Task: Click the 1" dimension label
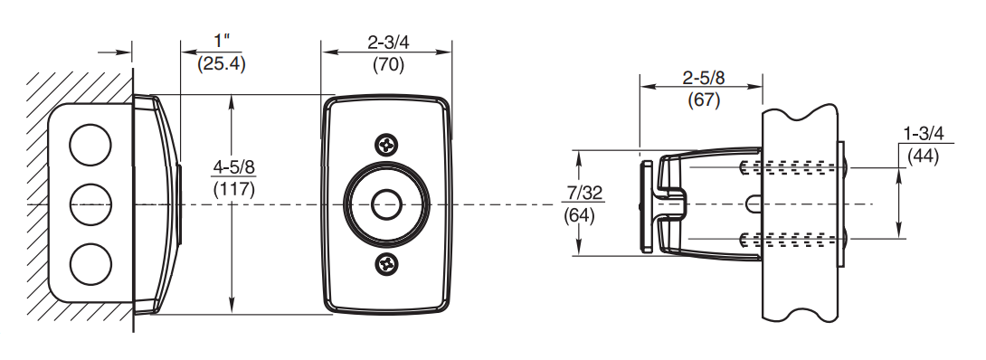click(x=221, y=42)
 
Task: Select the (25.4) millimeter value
click(x=221, y=63)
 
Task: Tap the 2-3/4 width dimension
click(x=388, y=42)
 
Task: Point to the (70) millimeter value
click(x=388, y=64)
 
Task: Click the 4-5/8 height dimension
click(x=233, y=167)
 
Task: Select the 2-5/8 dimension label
click(x=703, y=78)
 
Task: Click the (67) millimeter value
click(x=703, y=99)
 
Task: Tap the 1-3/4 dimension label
click(x=924, y=134)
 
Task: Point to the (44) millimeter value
click(x=924, y=156)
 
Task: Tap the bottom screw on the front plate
click(x=387, y=265)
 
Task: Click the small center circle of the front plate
click(x=387, y=204)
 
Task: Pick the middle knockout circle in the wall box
click(x=90, y=204)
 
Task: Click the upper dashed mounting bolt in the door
click(x=792, y=167)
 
